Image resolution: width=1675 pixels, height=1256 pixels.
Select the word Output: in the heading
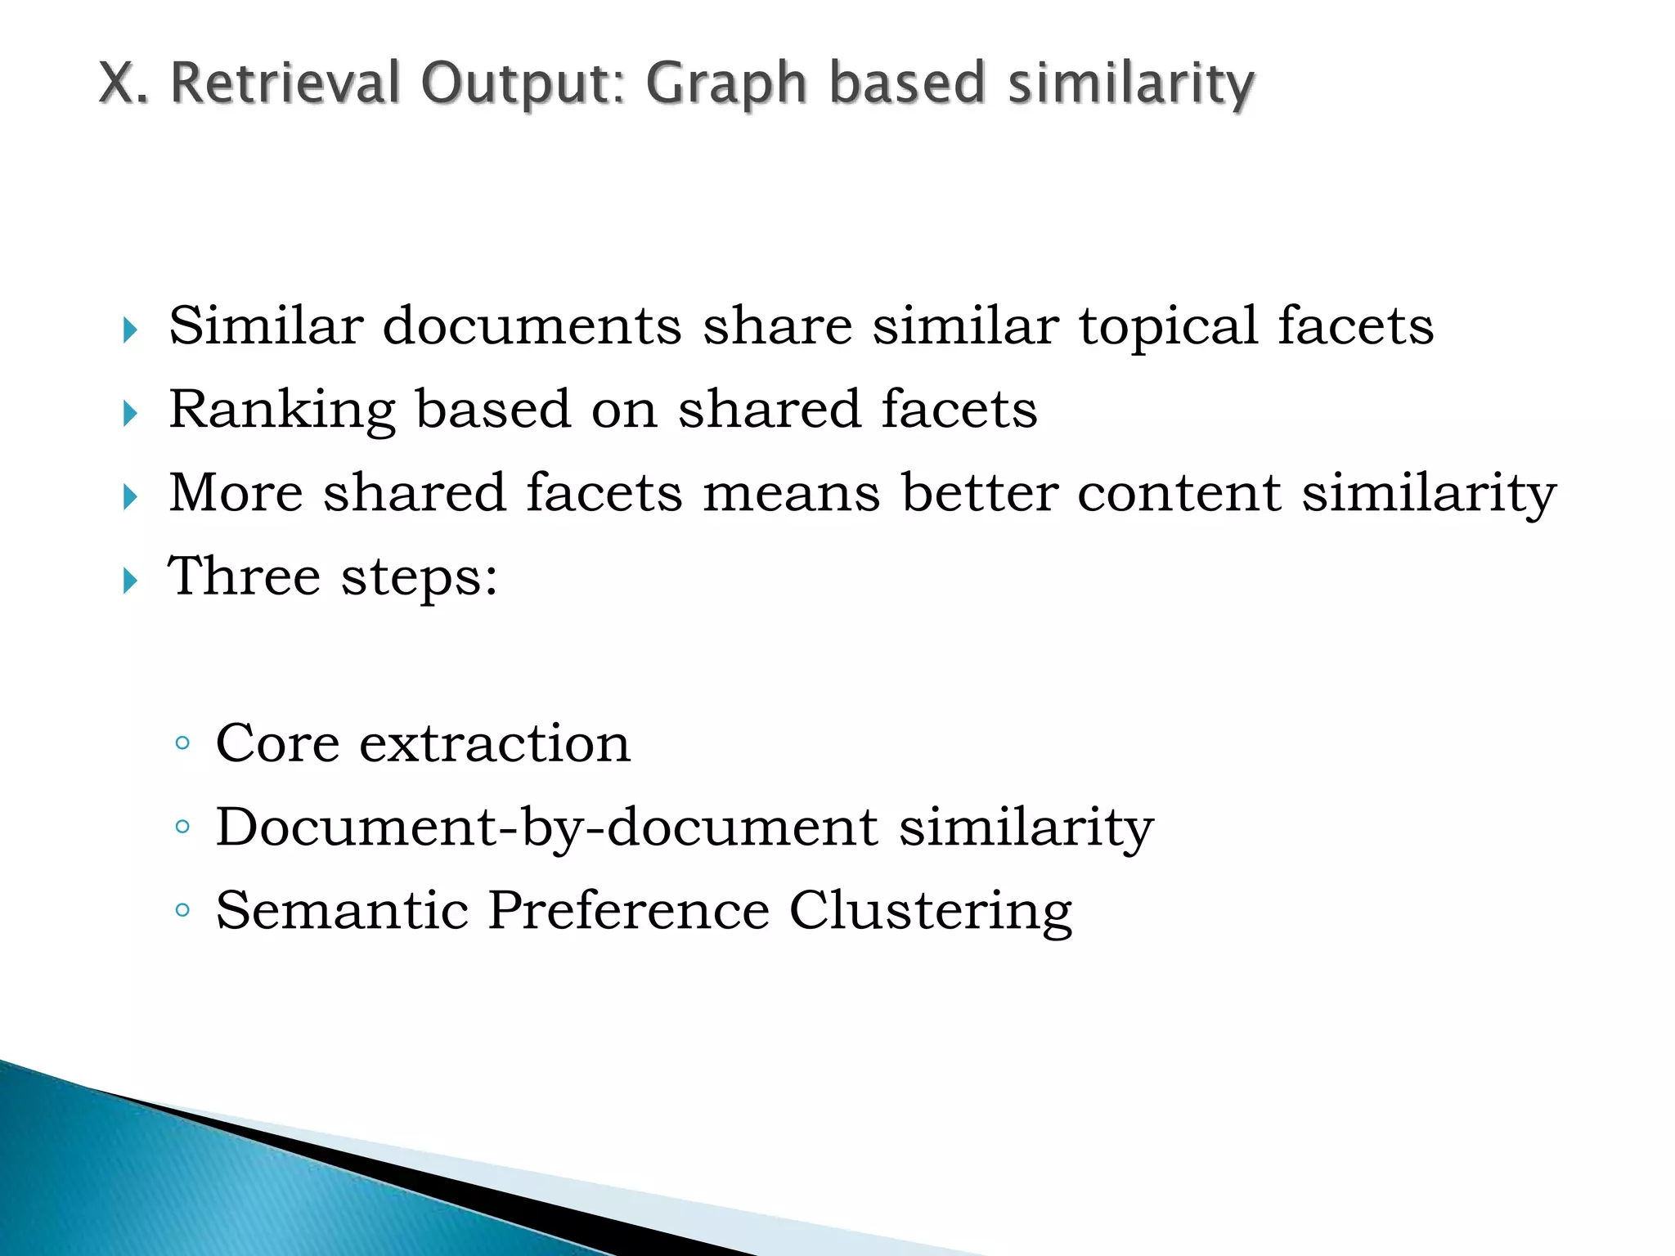[523, 85]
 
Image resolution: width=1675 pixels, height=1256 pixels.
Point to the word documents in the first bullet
[532, 325]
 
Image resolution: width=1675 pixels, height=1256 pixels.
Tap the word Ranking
[282, 410]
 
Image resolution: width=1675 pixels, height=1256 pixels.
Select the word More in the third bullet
[236, 493]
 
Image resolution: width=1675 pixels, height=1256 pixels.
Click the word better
[980, 493]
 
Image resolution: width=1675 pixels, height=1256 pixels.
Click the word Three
[244, 576]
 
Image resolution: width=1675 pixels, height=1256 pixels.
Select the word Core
[277, 743]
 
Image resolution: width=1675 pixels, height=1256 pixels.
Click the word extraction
[495, 743]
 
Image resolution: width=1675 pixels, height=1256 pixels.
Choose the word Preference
[628, 910]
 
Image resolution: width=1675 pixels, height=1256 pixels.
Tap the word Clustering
[930, 912]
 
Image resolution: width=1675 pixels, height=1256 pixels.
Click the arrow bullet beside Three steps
[130, 581]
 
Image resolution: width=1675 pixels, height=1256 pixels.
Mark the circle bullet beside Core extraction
[182, 743]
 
